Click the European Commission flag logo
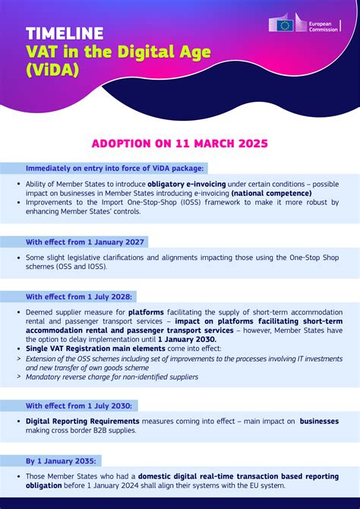click(x=285, y=25)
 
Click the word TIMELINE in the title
click(x=65, y=33)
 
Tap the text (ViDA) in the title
click(x=53, y=71)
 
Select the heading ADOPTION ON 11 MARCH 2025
click(x=179, y=143)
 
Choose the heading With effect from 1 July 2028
click(x=79, y=296)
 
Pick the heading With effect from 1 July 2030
click(x=79, y=406)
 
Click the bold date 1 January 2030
click(x=186, y=339)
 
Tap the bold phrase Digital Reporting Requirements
click(x=83, y=421)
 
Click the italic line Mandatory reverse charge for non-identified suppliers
click(x=112, y=376)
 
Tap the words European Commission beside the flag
click(x=324, y=25)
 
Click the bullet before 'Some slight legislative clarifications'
click(x=18, y=258)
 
